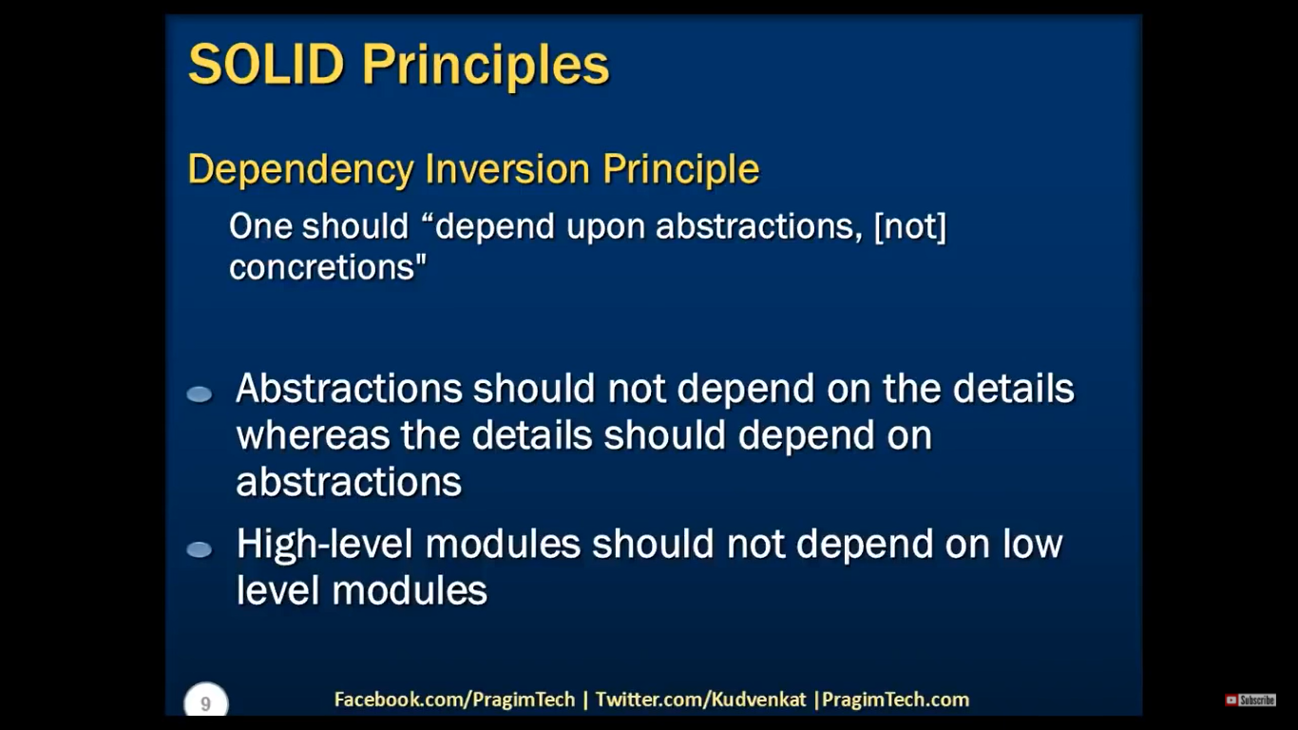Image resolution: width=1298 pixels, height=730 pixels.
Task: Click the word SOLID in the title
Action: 267,64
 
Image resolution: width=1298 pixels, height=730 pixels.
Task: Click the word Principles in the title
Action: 486,67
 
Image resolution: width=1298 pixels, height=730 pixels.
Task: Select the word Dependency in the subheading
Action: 301,170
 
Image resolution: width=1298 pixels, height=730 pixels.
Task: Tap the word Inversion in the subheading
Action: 507,169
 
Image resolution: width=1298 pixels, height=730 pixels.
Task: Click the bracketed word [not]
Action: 909,225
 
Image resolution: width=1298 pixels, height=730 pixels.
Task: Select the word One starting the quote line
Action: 260,225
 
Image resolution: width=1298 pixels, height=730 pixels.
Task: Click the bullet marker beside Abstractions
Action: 200,394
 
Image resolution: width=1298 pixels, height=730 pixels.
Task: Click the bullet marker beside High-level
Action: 200,549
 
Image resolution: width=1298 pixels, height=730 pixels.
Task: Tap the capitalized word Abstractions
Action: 349,388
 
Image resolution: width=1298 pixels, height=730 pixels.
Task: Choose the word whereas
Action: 313,435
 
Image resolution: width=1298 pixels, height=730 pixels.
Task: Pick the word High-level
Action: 325,544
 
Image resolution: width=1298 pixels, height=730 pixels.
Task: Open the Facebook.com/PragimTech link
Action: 454,700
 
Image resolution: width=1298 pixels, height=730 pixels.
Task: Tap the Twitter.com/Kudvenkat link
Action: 700,700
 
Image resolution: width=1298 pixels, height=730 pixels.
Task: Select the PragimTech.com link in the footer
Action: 895,700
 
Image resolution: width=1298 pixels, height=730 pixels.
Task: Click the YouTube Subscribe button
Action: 1250,701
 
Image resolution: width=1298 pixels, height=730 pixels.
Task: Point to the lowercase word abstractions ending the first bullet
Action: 349,482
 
